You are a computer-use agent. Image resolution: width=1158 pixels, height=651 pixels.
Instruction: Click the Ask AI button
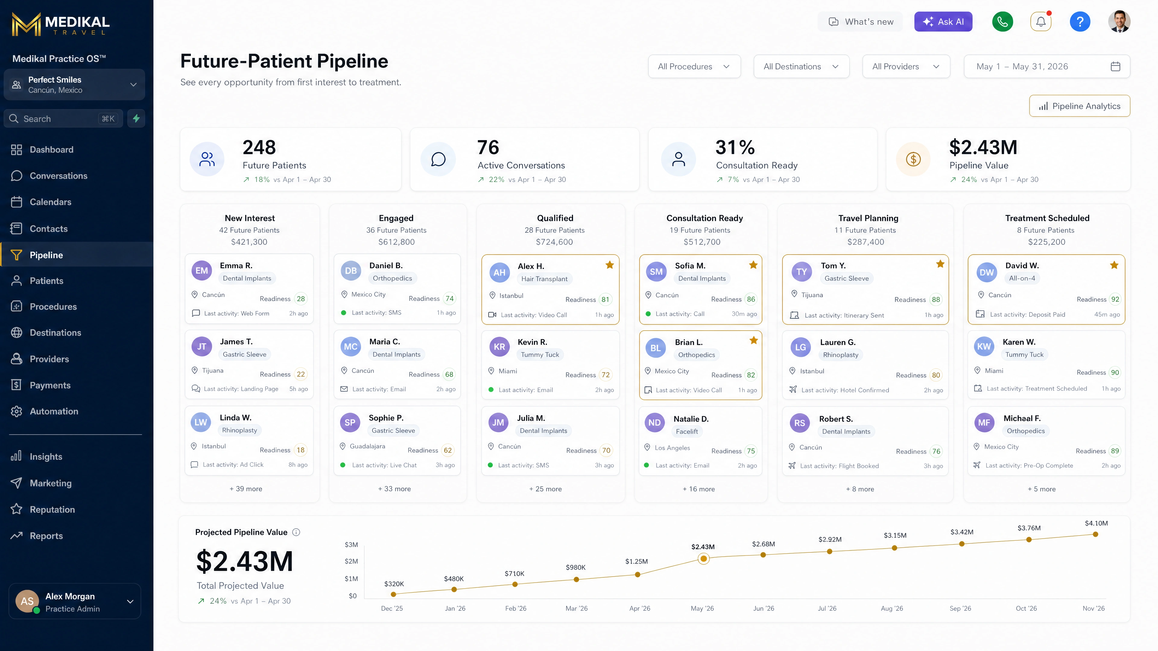pyautogui.click(x=943, y=22)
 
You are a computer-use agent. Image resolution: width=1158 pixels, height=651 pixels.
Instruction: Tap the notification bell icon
pyautogui.click(x=1041, y=22)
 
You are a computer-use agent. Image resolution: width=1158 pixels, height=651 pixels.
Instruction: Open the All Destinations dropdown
pyautogui.click(x=801, y=67)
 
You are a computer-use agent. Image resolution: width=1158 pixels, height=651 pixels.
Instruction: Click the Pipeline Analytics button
pyautogui.click(x=1079, y=106)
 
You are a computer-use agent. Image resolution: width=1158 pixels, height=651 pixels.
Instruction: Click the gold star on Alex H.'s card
pyautogui.click(x=609, y=265)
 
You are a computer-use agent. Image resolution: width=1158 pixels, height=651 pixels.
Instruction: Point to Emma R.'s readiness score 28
pyautogui.click(x=301, y=299)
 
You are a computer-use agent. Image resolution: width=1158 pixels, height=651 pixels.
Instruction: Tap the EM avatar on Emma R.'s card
pyautogui.click(x=202, y=270)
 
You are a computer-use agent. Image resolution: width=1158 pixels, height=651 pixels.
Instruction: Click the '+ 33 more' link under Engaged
pyautogui.click(x=394, y=489)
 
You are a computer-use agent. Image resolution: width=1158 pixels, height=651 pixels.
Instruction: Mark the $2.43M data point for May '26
pyautogui.click(x=704, y=559)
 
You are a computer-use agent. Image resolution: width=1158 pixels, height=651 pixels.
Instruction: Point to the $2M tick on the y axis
pyautogui.click(x=352, y=561)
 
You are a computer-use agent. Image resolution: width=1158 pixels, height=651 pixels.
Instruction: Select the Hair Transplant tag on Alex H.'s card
pyautogui.click(x=544, y=279)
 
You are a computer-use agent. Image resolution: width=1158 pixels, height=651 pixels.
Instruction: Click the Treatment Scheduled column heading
pyautogui.click(x=1047, y=218)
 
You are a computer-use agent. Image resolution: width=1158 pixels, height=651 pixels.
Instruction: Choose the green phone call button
pyautogui.click(x=1002, y=22)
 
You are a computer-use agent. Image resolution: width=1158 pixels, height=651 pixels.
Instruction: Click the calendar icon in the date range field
pyautogui.click(x=1115, y=67)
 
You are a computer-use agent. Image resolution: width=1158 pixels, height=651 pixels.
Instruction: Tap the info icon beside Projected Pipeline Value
pyautogui.click(x=296, y=532)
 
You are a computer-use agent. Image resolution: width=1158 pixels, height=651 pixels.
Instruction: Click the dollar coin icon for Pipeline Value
pyautogui.click(x=913, y=159)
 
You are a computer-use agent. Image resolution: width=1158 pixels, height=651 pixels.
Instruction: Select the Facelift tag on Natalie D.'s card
pyautogui.click(x=687, y=431)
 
